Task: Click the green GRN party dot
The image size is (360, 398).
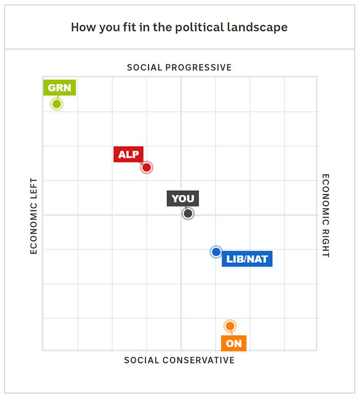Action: (x=57, y=104)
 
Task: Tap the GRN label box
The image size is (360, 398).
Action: (x=59, y=87)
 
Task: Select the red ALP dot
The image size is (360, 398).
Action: (x=147, y=167)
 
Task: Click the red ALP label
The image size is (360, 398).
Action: (x=129, y=154)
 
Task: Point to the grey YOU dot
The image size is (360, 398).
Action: (x=188, y=213)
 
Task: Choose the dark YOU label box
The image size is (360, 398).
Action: (x=183, y=198)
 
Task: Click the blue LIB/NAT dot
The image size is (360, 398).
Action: (x=216, y=251)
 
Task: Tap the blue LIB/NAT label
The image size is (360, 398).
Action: (x=247, y=259)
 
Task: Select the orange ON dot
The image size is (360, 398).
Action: (x=230, y=326)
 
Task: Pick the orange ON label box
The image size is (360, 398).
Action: (x=233, y=343)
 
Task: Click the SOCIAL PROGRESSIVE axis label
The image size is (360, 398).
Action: (x=179, y=67)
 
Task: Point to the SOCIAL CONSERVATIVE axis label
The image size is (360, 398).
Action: (x=179, y=360)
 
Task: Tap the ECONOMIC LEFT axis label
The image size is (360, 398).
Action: (x=34, y=216)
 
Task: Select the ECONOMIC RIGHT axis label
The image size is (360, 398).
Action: (x=326, y=215)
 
